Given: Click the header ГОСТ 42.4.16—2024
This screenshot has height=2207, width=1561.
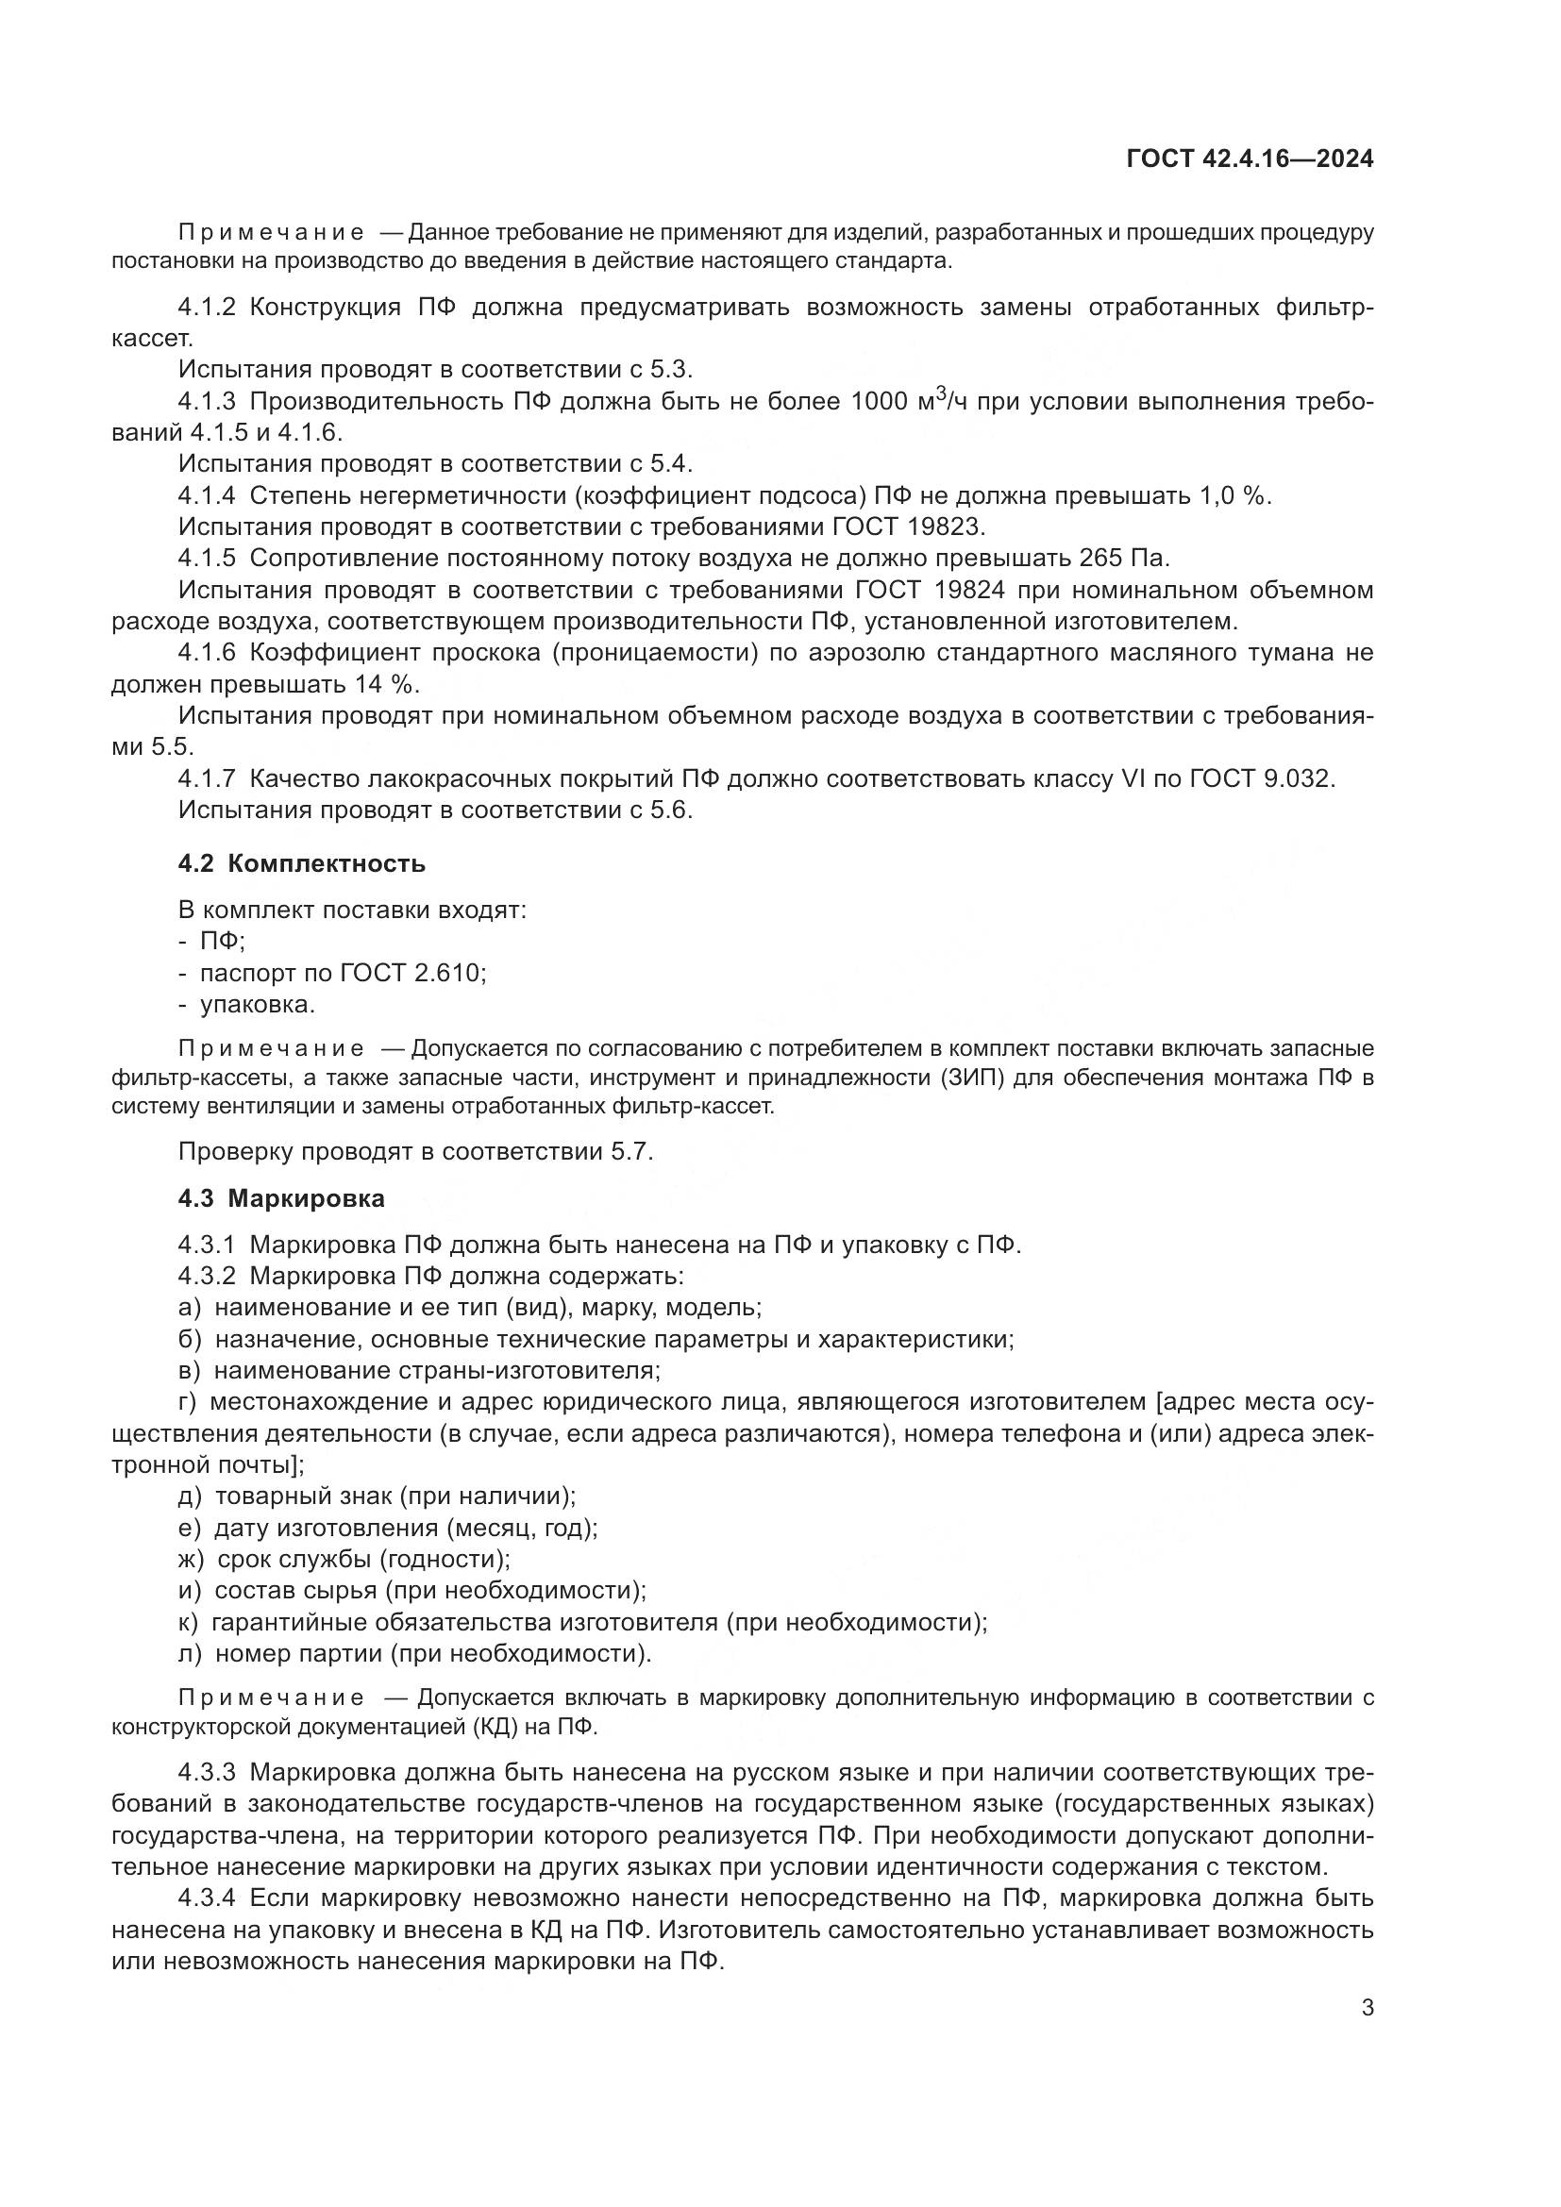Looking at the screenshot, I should point(1250,159).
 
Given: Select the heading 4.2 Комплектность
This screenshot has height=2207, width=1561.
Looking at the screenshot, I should point(301,863).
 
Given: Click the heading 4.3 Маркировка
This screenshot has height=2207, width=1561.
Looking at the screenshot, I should point(280,1197).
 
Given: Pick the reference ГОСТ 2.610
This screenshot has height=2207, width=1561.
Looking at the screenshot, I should point(411,973).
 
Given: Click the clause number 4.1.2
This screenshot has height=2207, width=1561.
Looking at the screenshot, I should point(207,308).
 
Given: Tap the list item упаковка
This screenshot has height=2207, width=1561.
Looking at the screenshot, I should point(257,1005).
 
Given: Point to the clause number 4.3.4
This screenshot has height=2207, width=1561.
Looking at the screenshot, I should point(207,1898).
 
